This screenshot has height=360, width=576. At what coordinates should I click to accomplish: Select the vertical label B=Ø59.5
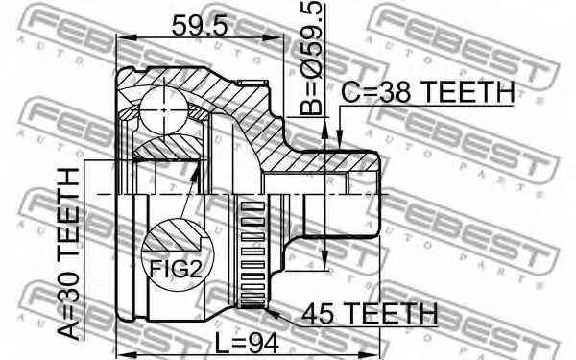[309, 60]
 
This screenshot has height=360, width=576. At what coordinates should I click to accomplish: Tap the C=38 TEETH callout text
[428, 92]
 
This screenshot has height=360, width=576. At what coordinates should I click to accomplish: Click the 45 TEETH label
[370, 313]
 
